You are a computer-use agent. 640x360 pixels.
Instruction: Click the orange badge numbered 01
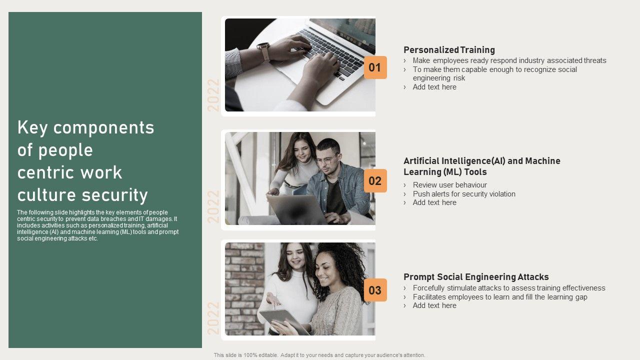(375, 67)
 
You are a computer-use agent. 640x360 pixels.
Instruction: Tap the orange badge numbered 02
(375, 181)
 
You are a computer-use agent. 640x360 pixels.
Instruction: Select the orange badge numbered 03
(375, 290)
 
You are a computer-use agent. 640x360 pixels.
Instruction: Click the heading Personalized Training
(449, 50)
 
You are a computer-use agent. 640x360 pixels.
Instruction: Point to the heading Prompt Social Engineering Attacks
(476, 277)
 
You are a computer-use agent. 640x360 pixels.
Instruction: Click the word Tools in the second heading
(475, 172)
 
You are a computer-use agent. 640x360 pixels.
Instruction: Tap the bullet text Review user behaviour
(449, 185)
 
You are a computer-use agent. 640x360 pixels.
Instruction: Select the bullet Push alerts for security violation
(464, 193)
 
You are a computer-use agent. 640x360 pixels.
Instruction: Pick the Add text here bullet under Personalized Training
(434, 87)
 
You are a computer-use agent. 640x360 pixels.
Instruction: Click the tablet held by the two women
(284, 321)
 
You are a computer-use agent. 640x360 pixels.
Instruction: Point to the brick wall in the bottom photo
(244, 288)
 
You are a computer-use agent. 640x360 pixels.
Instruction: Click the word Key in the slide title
(32, 127)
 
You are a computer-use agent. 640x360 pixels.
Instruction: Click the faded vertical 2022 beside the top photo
(213, 95)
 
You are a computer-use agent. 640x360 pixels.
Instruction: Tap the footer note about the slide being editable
(319, 355)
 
